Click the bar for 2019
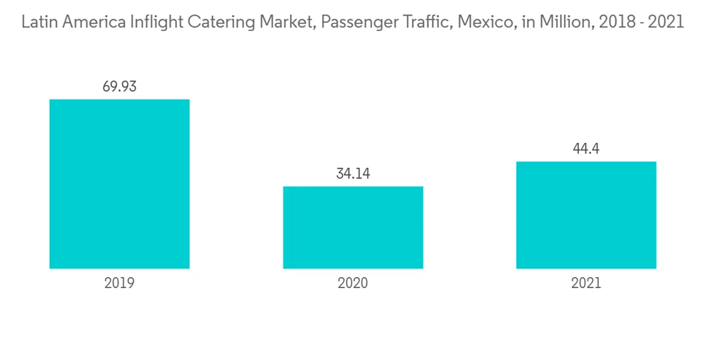tap(119, 184)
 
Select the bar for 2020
tap(353, 227)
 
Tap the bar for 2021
tap(585, 215)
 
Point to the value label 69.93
tap(119, 87)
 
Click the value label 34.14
tap(353, 174)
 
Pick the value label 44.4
tap(585, 149)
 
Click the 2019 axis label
tap(119, 283)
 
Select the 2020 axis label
tap(353, 283)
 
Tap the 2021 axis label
tap(585, 283)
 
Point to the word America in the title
tap(91, 23)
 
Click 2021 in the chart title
tap(663, 23)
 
